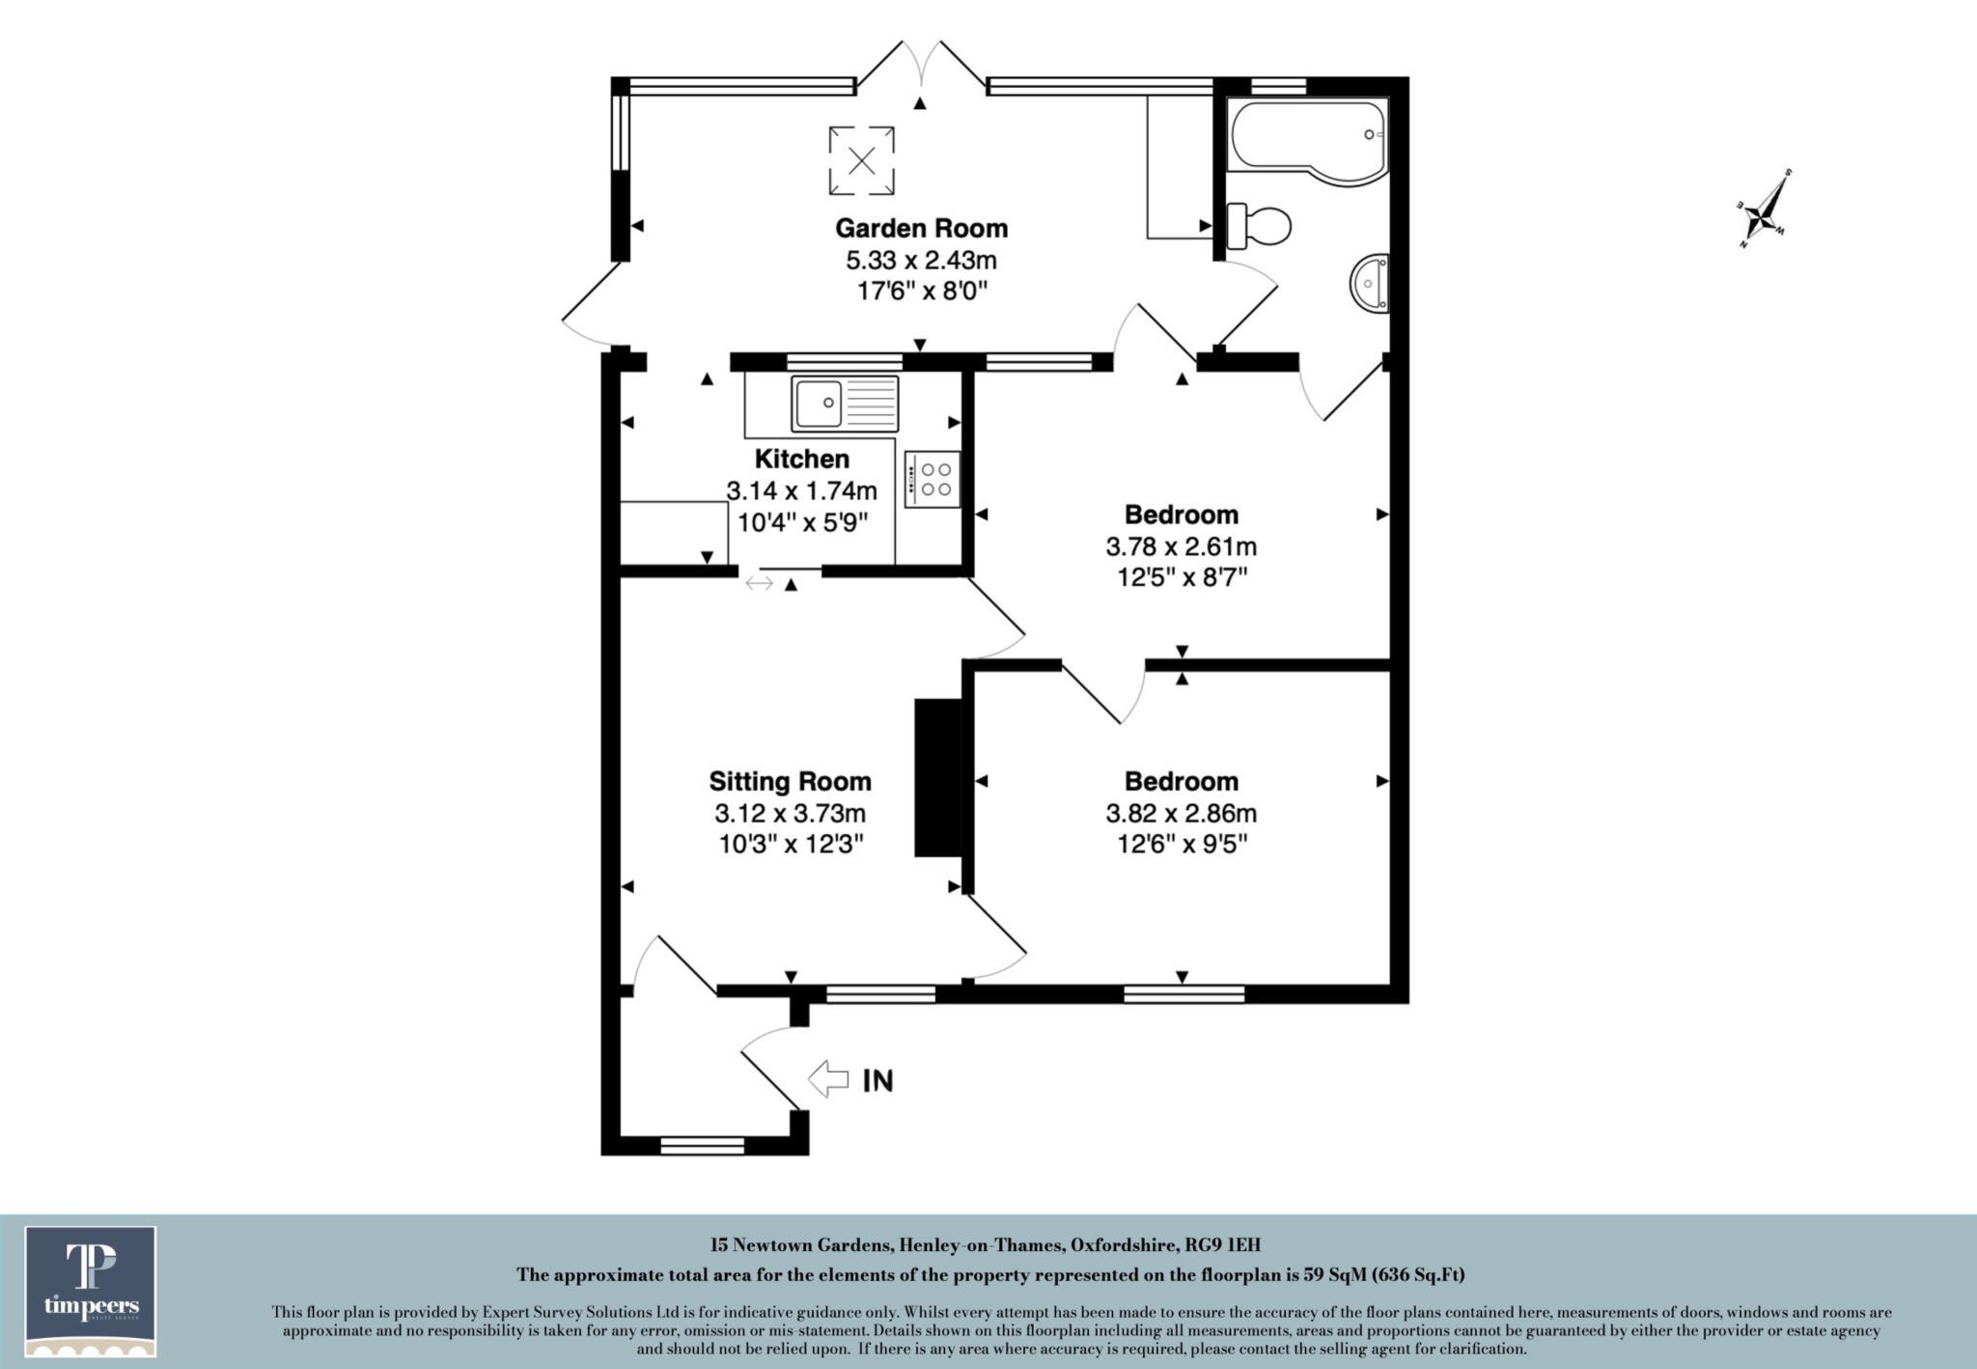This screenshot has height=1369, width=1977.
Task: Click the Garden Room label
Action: pos(921,229)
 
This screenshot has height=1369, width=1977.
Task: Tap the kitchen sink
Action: pos(845,404)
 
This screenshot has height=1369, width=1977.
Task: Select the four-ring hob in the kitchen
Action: pos(933,479)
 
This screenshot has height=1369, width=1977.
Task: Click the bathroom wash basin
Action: pos(1370,284)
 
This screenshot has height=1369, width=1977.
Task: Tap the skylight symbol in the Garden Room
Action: pos(861,159)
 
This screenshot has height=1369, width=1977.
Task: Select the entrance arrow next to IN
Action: pos(828,1078)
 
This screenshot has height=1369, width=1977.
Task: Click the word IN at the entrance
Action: pos(877,1080)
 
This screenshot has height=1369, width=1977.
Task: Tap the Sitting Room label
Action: pos(790,781)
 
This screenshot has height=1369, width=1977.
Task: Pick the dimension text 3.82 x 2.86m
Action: pos(1181,813)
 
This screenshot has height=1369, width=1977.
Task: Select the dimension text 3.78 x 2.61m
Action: pos(1181,546)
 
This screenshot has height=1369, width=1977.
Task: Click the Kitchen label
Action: pos(801,459)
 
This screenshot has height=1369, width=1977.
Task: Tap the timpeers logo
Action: pos(91,1291)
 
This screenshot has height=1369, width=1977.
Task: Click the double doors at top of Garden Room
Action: pos(921,68)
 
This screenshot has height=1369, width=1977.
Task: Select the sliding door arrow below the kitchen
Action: pos(760,583)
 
